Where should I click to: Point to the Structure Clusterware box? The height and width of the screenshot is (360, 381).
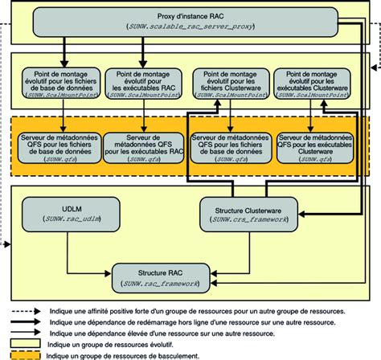coord(244,211)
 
